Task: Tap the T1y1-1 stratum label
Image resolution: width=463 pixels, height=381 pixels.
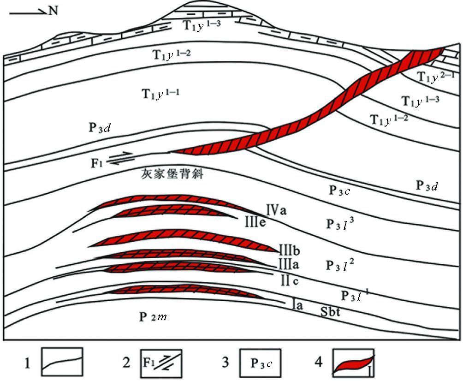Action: [160, 95]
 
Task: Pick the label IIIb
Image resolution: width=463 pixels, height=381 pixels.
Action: [290, 250]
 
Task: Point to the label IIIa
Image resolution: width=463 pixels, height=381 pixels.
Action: [289, 263]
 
